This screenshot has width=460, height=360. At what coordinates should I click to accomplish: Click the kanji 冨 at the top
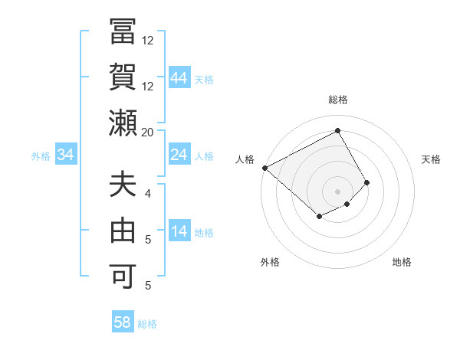pos(123,34)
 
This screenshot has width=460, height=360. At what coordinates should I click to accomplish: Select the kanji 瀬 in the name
pos(123,123)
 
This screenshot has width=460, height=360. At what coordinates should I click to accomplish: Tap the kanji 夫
pos(123,186)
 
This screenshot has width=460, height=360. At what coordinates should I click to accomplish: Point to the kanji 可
pos(123,274)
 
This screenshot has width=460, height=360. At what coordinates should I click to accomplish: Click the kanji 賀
pos(123,77)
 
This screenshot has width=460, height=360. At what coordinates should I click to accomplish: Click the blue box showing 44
pos(179,78)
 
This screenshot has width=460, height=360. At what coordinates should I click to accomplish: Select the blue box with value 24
pos(179,155)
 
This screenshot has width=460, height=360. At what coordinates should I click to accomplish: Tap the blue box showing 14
pos(179,232)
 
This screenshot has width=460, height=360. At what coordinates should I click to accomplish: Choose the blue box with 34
pos(66,155)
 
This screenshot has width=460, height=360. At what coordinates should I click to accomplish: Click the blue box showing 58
pos(123,322)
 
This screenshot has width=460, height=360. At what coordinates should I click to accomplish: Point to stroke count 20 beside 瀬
pos(148,132)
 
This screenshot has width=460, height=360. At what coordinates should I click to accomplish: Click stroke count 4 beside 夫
pos(148,193)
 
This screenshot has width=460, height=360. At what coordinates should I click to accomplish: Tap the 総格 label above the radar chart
pos(338,100)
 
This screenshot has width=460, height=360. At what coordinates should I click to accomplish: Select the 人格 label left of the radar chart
pos(245,159)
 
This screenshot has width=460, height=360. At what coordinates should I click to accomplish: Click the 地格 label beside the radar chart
pos(402,262)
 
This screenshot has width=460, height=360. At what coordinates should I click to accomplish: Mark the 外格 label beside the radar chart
pos(269,262)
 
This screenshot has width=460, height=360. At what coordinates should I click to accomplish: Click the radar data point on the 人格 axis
pos(264,168)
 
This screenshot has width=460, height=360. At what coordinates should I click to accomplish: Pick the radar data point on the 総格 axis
pos(338,130)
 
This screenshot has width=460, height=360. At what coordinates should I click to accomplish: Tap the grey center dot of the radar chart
pos(338,191)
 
